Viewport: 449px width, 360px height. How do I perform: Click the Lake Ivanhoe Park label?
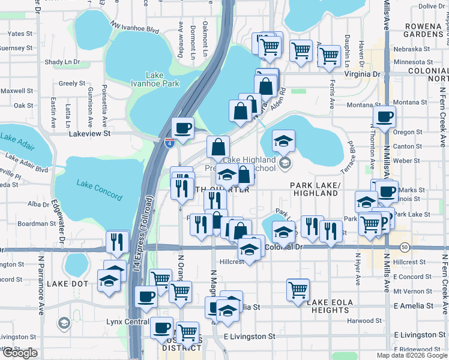point(155,79)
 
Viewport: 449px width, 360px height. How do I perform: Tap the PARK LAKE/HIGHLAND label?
point(315,190)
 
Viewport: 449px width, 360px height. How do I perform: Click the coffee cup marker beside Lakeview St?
point(183,127)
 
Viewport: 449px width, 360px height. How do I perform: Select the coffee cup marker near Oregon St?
point(384,116)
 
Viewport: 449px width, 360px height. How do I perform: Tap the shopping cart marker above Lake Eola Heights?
point(298,289)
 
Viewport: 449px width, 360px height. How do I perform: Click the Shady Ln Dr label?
point(62,62)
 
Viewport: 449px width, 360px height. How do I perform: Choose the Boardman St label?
point(37,224)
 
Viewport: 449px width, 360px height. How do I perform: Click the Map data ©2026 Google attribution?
point(411,355)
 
